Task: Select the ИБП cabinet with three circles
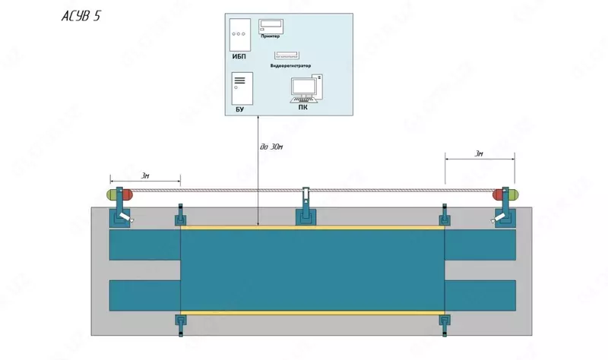pos(239,33)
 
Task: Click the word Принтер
pos(270,36)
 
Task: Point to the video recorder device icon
pos(290,55)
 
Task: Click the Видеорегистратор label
pos(290,66)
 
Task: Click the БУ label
pos(239,110)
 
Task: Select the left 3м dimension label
pos(145,175)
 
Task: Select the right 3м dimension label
pos(479,154)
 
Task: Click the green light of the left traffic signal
pos(112,194)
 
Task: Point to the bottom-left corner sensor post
pos(181,323)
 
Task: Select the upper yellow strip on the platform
pos(312,226)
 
